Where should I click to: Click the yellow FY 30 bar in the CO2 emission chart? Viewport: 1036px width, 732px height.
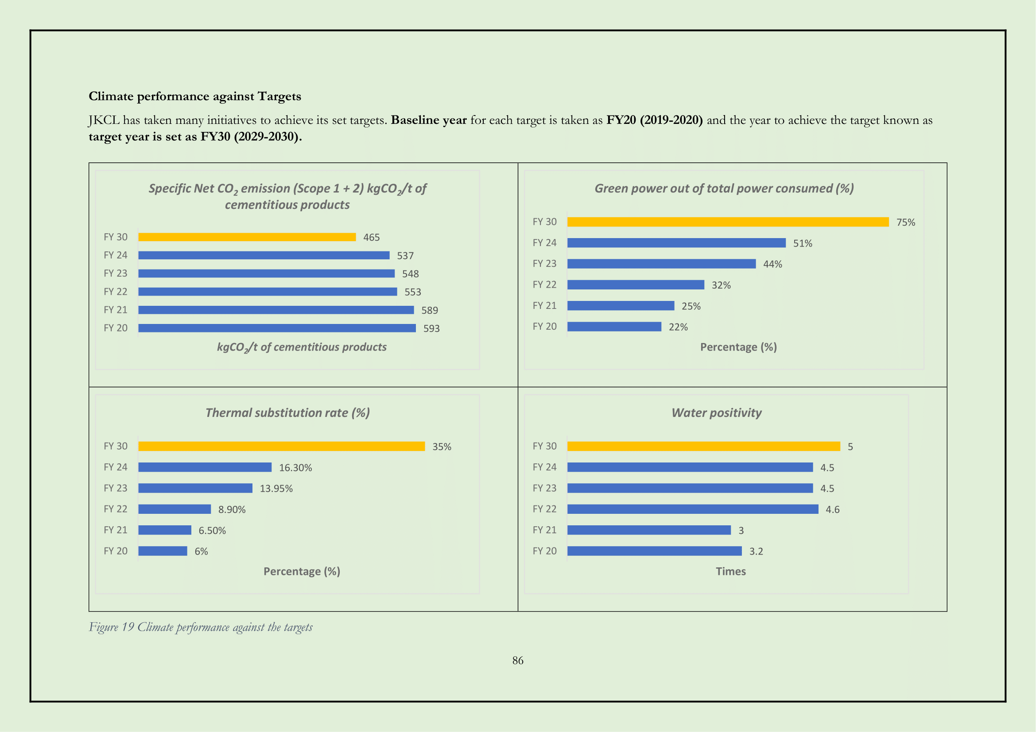click(247, 237)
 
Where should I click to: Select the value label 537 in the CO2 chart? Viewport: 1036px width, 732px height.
click(405, 256)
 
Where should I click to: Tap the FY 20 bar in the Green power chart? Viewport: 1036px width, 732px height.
click(613, 327)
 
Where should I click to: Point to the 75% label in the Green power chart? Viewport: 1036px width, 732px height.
click(905, 223)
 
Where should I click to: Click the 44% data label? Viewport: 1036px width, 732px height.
click(772, 265)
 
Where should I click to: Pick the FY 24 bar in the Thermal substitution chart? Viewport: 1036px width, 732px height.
click(205, 467)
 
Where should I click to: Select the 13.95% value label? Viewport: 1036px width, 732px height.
click(276, 489)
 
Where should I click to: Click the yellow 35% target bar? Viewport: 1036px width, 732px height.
click(281, 446)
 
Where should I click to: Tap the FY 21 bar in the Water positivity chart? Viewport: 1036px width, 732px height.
click(648, 530)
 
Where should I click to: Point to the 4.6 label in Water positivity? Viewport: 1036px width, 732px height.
click(832, 510)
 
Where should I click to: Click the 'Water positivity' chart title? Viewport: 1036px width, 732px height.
click(716, 413)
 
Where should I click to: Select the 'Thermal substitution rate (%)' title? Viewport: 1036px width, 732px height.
click(287, 413)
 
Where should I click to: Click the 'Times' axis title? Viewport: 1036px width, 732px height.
click(730, 571)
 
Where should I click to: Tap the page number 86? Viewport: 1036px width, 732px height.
click(517, 661)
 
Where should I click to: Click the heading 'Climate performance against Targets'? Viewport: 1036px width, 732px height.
click(194, 96)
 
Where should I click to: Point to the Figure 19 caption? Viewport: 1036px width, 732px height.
click(200, 628)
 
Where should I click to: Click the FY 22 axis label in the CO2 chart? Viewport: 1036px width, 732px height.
click(116, 292)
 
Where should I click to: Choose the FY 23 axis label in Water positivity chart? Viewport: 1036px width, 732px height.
click(544, 488)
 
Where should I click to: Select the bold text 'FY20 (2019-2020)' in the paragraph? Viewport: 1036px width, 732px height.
click(654, 120)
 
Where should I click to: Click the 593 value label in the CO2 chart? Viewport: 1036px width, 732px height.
click(431, 328)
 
